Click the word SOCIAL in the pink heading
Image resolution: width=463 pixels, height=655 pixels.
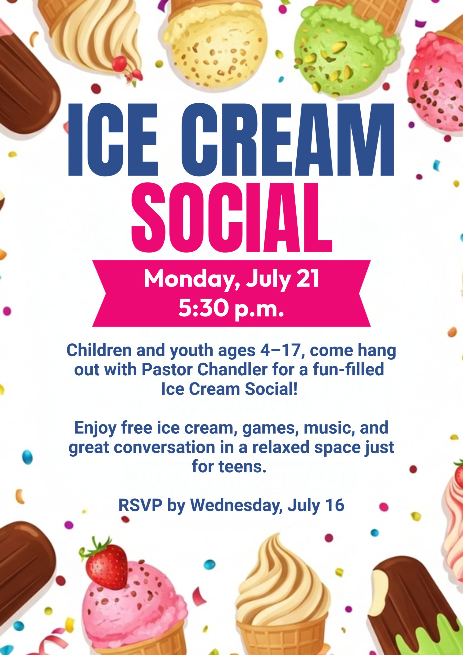click(231, 218)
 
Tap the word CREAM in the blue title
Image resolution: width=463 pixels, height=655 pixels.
click(287, 139)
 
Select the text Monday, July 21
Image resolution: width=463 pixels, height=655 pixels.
click(231, 279)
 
